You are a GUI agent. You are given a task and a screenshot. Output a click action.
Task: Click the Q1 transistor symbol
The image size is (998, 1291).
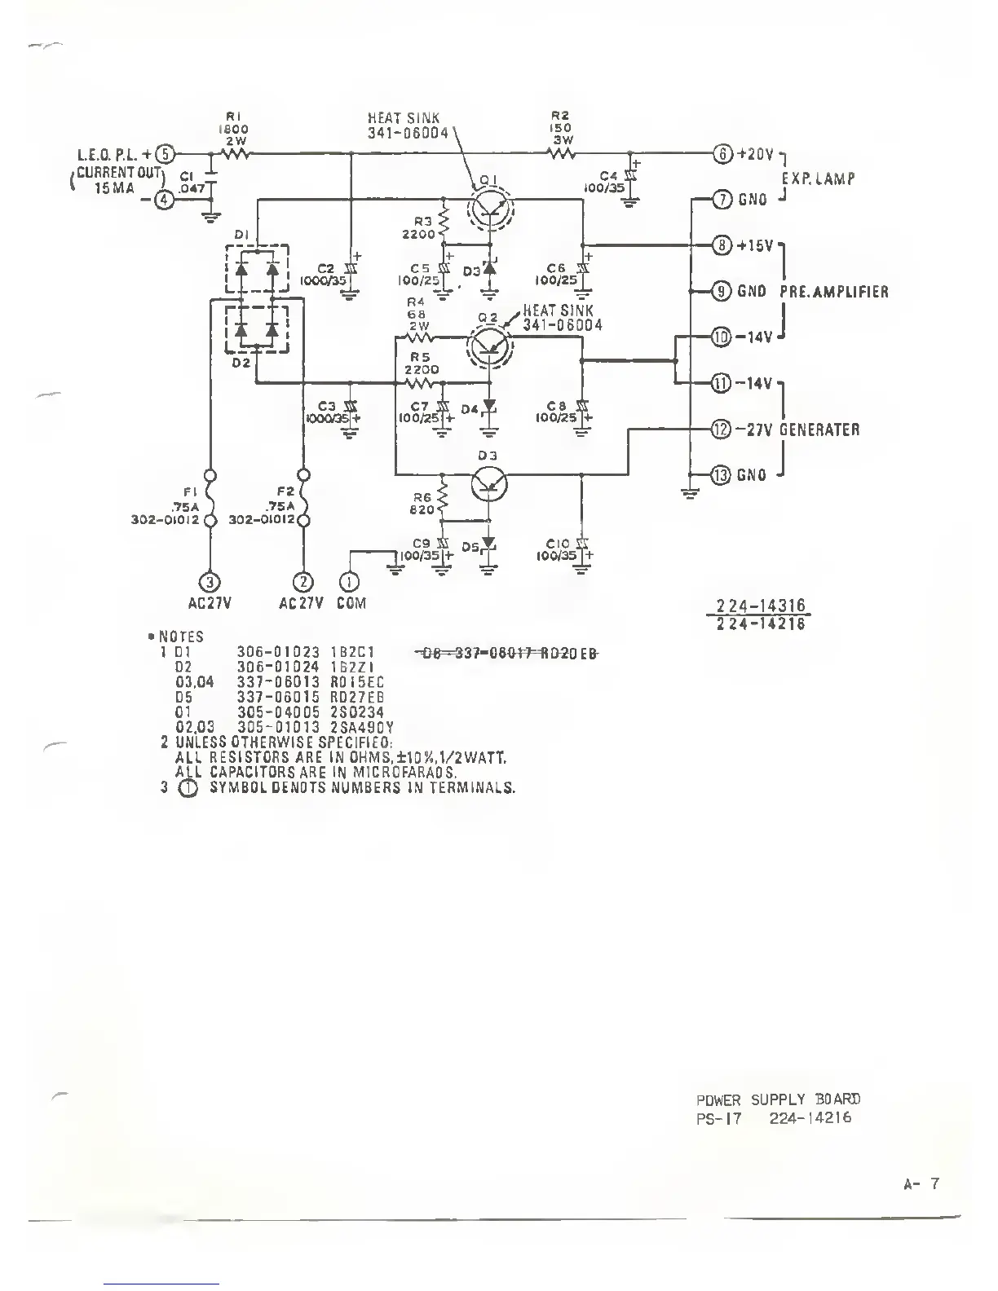pyautogui.click(x=492, y=209)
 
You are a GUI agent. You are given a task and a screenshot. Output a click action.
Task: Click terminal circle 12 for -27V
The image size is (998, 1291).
pyautogui.click(x=722, y=430)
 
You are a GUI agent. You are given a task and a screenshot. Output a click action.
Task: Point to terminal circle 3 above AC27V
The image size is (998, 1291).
pyautogui.click(x=210, y=581)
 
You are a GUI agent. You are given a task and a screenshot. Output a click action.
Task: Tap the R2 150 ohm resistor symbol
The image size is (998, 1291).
pyautogui.click(x=560, y=152)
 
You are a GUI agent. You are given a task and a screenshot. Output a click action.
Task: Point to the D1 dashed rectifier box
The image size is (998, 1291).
pyautogui.click(x=257, y=269)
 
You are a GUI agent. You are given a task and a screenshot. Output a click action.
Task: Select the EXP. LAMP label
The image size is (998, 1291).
pyautogui.click(x=817, y=179)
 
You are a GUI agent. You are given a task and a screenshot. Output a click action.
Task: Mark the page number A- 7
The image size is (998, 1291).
pyautogui.click(x=922, y=1183)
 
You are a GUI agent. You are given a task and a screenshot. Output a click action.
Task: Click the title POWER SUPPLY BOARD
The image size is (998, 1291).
pyautogui.click(x=778, y=1099)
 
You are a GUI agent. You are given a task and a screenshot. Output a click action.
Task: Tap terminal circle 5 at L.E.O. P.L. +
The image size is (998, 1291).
pyautogui.click(x=166, y=153)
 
